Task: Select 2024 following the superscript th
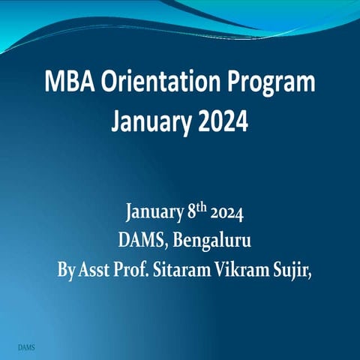226,214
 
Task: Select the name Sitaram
182,268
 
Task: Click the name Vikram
242,268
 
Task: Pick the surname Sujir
289,269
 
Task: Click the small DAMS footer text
25,349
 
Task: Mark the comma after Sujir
308,274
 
